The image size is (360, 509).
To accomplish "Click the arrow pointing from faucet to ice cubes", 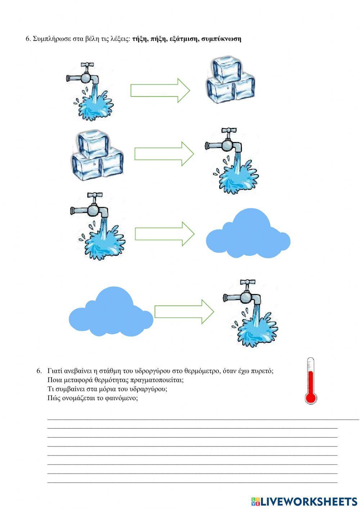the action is (160, 90).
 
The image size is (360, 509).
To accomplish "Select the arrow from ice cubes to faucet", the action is (164, 154).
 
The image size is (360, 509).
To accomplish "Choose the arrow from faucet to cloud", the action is (165, 234).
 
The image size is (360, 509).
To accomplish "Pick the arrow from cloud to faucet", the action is (184, 312).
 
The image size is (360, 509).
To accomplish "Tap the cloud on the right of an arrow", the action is (248, 233).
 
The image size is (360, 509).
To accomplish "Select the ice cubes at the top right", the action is (231, 80).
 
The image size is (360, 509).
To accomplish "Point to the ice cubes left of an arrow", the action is (98, 155).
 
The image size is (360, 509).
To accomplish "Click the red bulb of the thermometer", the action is (311, 398).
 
